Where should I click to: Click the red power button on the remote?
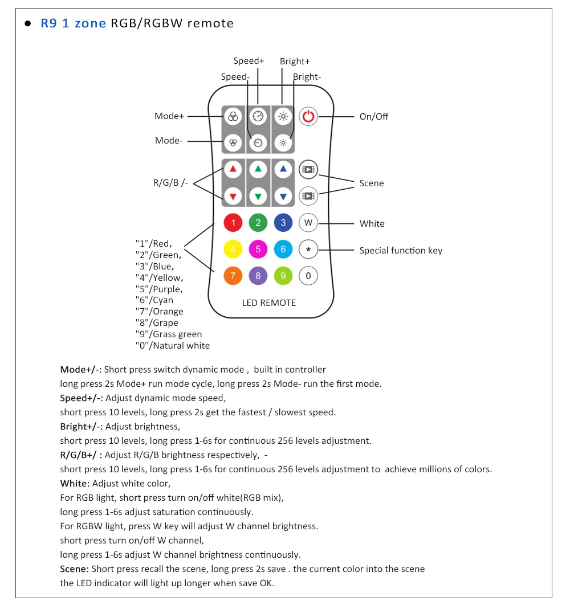click(x=308, y=117)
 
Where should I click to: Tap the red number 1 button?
click(x=233, y=223)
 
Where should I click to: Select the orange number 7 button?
click(x=233, y=276)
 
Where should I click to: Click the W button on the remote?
click(x=308, y=223)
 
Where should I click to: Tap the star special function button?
click(x=308, y=250)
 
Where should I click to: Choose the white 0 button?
click(x=308, y=276)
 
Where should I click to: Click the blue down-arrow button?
click(x=283, y=196)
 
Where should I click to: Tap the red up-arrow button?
click(x=233, y=169)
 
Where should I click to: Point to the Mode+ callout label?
click(x=169, y=116)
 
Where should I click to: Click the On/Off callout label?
click(x=374, y=117)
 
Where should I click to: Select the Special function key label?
click(x=401, y=251)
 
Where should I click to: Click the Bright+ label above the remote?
click(x=295, y=62)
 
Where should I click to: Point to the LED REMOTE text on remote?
click(x=269, y=303)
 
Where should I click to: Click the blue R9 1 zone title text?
click(x=73, y=24)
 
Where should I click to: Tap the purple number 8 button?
click(x=258, y=276)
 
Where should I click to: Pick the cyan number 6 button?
click(x=283, y=250)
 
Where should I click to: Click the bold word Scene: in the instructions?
click(x=75, y=569)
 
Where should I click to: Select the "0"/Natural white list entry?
click(x=173, y=346)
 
